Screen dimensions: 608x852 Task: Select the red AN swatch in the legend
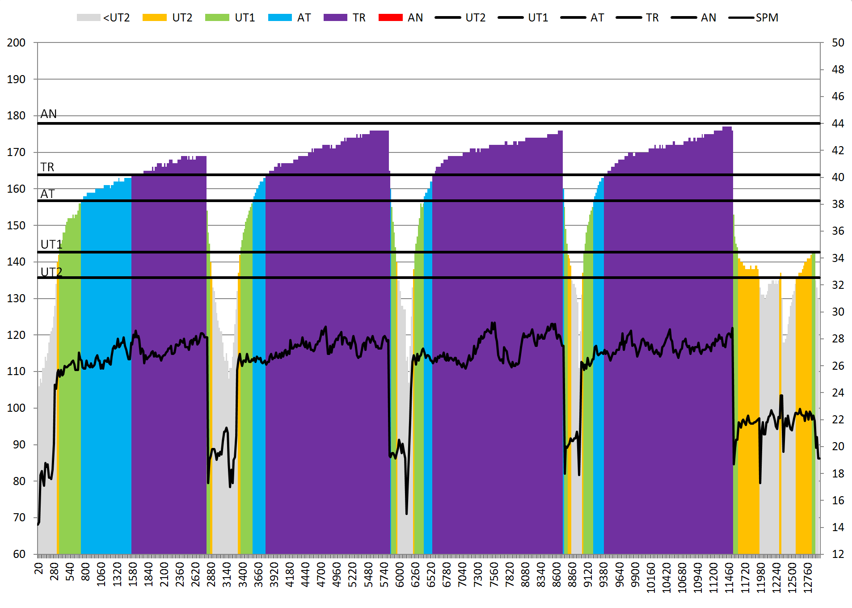390,18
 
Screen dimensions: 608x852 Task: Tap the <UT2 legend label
116,18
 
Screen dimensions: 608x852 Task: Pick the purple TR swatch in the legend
335,18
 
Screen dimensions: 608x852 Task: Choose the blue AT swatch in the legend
280,18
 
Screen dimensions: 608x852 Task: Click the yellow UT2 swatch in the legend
154,18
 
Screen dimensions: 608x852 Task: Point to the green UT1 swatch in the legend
217,18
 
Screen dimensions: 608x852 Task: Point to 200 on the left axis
16,43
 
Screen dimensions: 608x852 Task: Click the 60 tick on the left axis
19,554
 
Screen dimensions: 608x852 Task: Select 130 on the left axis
16,299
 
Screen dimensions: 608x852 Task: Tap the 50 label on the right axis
838,43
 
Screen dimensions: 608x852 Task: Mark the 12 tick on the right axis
838,554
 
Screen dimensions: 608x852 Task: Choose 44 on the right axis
838,123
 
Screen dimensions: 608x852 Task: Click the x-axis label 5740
384,575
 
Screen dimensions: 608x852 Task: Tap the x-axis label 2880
211,575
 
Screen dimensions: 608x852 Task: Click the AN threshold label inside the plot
48,114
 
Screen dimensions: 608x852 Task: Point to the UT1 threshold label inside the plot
51,245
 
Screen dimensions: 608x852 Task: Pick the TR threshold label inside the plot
47,167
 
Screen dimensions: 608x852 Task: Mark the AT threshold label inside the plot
47,194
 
